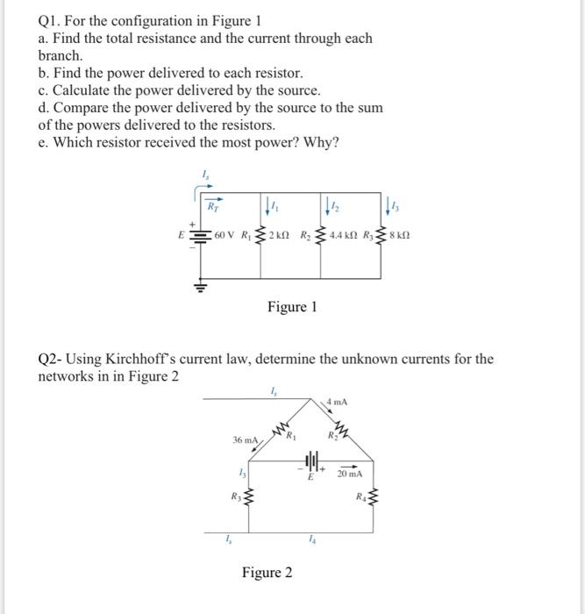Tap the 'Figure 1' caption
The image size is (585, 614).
pyautogui.click(x=292, y=307)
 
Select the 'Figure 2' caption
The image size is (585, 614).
pyautogui.click(x=268, y=573)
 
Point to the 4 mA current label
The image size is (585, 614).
pyautogui.click(x=337, y=403)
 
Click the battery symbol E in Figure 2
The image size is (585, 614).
pyautogui.click(x=311, y=461)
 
